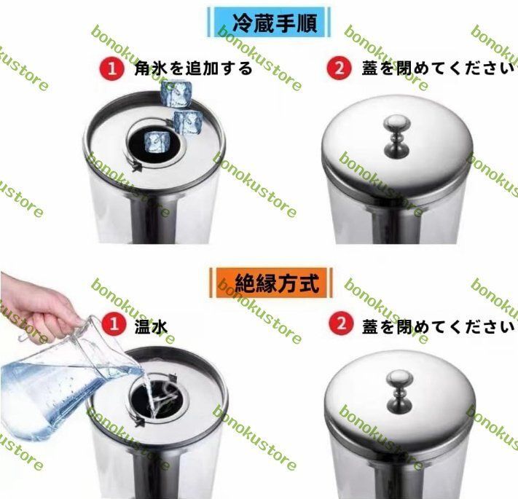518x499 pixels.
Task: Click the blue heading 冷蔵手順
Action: tap(266, 23)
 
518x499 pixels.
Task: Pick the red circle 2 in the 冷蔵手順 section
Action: tap(339, 69)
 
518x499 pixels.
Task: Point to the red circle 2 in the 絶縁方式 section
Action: tap(339, 325)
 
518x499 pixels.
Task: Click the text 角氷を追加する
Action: tap(194, 69)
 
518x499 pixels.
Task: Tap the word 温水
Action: tap(151, 326)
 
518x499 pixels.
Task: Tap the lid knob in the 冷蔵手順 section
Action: tap(396, 133)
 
